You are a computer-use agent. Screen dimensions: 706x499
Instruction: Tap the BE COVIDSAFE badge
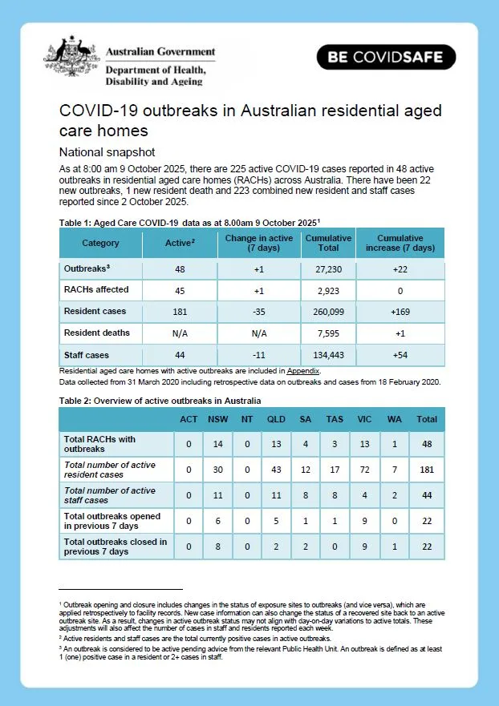[x=386, y=58]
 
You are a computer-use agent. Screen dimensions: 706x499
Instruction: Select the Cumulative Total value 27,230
[x=328, y=270]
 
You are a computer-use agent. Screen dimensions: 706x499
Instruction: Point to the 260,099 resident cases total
[x=328, y=311]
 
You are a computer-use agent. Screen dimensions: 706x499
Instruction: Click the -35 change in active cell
[x=258, y=311]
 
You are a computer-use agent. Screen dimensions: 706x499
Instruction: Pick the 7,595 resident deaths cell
[x=328, y=333]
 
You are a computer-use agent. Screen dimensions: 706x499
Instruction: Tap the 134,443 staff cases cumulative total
[x=328, y=355]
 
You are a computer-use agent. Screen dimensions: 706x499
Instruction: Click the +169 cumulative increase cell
[x=400, y=311]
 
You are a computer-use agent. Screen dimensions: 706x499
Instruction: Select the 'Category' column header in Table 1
[x=100, y=243]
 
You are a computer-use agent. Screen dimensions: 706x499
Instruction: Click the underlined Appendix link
[x=304, y=371]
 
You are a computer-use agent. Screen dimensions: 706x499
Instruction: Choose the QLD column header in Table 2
[x=276, y=419]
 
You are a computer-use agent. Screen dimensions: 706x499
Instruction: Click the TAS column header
[x=334, y=419]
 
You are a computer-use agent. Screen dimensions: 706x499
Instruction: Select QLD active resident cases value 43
[x=276, y=470]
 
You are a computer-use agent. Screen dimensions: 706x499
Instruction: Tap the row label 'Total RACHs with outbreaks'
[x=100, y=444]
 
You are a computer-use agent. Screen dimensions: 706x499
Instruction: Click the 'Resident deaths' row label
[x=96, y=333]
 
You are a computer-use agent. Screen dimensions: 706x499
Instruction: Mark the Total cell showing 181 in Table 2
[x=426, y=470]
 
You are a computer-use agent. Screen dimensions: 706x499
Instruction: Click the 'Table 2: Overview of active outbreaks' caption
[x=160, y=401]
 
